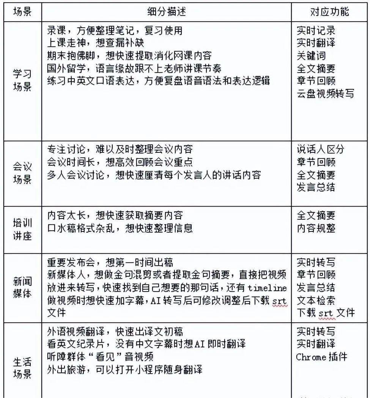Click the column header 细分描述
point(167,12)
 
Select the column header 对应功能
point(329,12)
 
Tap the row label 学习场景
point(22,81)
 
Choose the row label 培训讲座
point(22,229)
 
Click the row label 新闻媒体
point(22,287)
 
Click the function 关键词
point(311,56)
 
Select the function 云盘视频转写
point(325,94)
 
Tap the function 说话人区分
point(320,149)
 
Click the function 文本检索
point(316,300)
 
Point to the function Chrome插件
point(321,357)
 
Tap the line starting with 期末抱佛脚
point(129,55)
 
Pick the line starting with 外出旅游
point(124,369)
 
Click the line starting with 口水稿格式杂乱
point(120,228)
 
